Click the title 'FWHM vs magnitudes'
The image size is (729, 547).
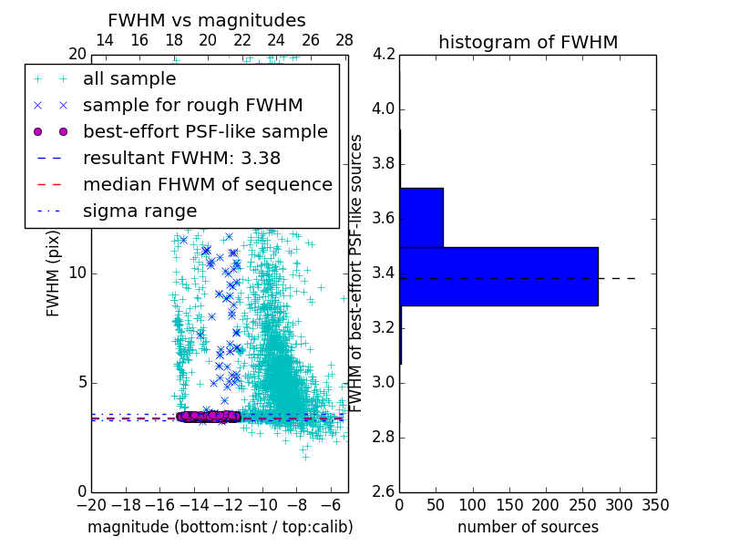pyautogui.click(x=207, y=21)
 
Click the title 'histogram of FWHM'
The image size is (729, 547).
pyautogui.click(x=528, y=42)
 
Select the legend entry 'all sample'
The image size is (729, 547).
pyautogui.click(x=129, y=79)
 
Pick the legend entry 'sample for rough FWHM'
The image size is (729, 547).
pyautogui.click(x=192, y=105)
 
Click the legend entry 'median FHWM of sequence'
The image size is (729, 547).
pyautogui.click(x=207, y=184)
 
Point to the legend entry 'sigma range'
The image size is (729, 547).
pyautogui.click(x=139, y=211)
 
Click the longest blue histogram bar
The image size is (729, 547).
pyautogui.click(x=498, y=276)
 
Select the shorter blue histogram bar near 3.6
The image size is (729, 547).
pyautogui.click(x=421, y=217)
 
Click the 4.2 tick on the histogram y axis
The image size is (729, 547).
pyautogui.click(x=383, y=55)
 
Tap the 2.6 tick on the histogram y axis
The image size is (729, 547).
pyautogui.click(x=383, y=491)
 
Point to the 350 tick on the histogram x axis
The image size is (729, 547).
pyautogui.click(x=655, y=505)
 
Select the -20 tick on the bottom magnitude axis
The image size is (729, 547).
pyautogui.click(x=91, y=505)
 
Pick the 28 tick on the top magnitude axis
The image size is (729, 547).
pyautogui.click(x=344, y=41)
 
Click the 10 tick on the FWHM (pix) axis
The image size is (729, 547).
pyautogui.click(x=77, y=273)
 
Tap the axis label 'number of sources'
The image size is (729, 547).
pyautogui.click(x=528, y=527)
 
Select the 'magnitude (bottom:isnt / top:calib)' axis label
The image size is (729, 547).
pyautogui.click(x=220, y=527)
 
